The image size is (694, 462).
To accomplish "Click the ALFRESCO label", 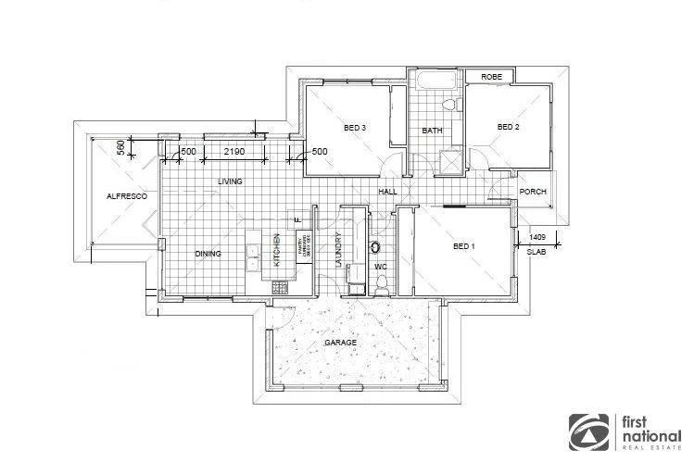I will click(x=121, y=196).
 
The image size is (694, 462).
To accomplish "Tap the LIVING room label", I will click(x=230, y=181).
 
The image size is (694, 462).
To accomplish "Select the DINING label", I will click(x=208, y=253).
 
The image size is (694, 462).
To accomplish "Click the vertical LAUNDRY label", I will click(x=339, y=250).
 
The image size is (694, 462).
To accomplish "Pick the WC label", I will click(x=380, y=268).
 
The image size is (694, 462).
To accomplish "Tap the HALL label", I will click(x=387, y=192).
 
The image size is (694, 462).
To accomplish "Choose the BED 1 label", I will click(x=463, y=246).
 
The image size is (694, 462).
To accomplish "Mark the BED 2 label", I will click(x=509, y=127).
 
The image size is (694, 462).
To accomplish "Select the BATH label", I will click(x=432, y=131).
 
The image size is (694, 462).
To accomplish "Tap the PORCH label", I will click(x=533, y=193).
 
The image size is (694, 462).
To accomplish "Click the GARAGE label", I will click(x=340, y=343).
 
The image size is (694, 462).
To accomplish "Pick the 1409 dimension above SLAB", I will click(x=537, y=236).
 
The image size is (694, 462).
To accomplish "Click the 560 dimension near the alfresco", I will click(x=120, y=147).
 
